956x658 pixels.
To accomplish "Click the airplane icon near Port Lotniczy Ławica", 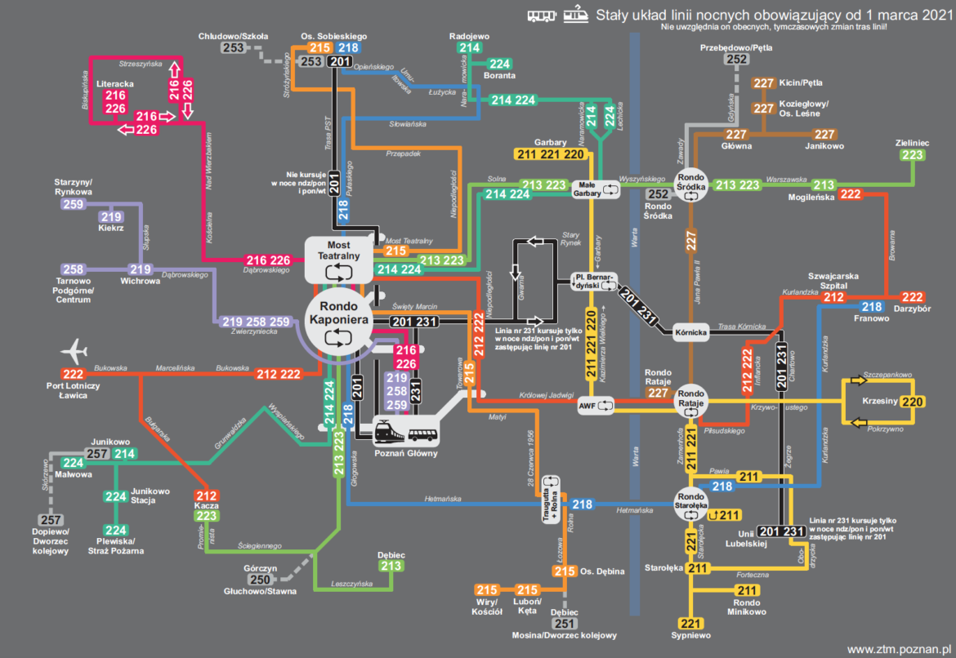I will pyautogui.click(x=74, y=352).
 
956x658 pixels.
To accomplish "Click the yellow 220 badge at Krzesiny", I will pyautogui.click(x=913, y=402).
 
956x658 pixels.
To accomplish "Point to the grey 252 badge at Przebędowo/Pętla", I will pyautogui.click(x=737, y=59).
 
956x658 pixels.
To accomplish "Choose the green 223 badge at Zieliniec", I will pyautogui.click(x=913, y=154).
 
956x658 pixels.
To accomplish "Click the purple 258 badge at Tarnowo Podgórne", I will pyautogui.click(x=74, y=269).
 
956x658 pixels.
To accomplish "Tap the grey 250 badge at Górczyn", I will pyautogui.click(x=260, y=580).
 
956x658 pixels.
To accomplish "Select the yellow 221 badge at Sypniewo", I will pyautogui.click(x=691, y=623).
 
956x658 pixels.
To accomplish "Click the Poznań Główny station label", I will pyautogui.click(x=405, y=453).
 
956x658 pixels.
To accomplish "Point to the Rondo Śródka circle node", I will pyautogui.click(x=691, y=184).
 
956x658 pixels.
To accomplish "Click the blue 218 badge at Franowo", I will pyautogui.click(x=872, y=307).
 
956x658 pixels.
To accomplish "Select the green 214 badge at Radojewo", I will pyautogui.click(x=469, y=48).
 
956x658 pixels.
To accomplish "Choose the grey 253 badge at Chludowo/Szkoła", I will pyautogui.click(x=233, y=48).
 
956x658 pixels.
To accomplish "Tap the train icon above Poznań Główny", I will pyautogui.click(x=388, y=431).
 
